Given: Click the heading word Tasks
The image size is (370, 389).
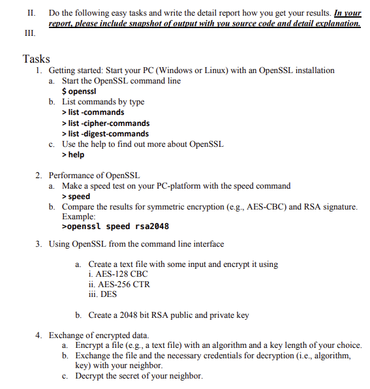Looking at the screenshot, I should click(x=36, y=59).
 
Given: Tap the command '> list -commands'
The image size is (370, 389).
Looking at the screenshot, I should click(x=93, y=112).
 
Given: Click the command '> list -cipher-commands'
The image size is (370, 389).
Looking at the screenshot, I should click(x=105, y=123).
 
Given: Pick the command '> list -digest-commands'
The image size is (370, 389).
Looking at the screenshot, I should click(x=104, y=134).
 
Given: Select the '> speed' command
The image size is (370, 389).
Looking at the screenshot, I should click(x=76, y=196).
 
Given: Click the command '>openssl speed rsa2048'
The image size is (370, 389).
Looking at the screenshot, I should click(x=115, y=227).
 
